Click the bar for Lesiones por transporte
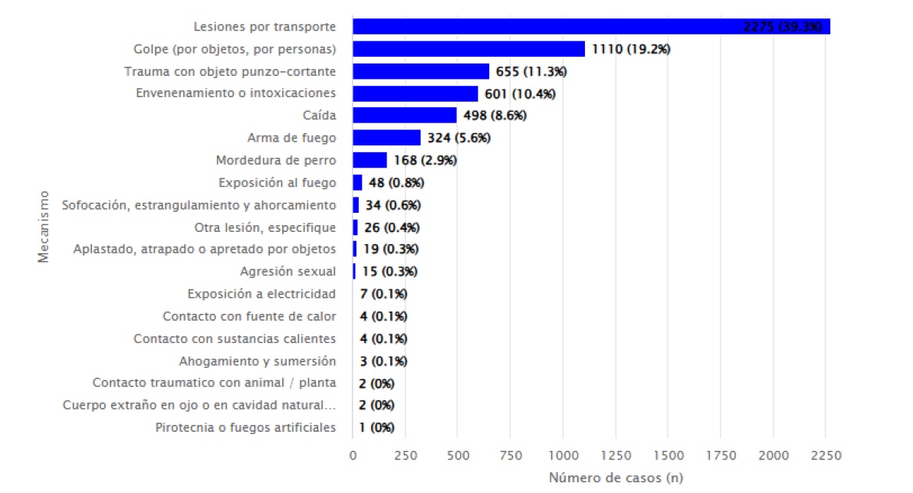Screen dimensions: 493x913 point(591,27)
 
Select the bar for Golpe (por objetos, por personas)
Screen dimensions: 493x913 point(468,49)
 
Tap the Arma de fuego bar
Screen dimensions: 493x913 point(386,138)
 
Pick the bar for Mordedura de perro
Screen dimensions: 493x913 point(369,160)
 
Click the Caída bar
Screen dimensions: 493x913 point(405,116)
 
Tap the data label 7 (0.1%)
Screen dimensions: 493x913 point(383,294)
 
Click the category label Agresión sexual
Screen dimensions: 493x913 point(287,272)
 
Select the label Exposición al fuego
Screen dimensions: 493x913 point(277,182)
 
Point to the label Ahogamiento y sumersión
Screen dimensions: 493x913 point(258,361)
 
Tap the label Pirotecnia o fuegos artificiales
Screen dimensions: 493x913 point(245,427)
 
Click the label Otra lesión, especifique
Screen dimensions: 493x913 point(265,227)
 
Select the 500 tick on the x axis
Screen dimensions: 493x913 point(457,455)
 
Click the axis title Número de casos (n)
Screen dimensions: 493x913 point(616,478)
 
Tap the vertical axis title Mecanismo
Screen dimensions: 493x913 point(44,227)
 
